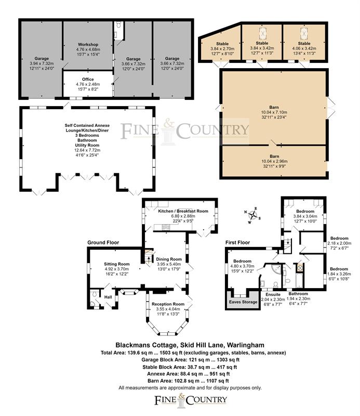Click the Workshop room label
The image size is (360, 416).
(x=88, y=45)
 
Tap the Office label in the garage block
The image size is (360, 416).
(x=88, y=80)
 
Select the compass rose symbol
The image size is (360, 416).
(x=252, y=215)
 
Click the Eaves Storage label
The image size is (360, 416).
(x=243, y=302)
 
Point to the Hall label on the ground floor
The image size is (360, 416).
(x=108, y=297)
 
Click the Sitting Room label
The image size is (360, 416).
(x=117, y=264)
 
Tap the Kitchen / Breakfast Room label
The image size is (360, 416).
(x=183, y=211)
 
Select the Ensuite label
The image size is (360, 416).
(x=273, y=294)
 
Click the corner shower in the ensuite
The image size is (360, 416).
(x=276, y=269)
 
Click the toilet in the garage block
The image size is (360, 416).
(x=118, y=25)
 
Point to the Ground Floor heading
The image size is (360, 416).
(x=103, y=242)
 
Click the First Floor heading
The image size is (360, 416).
(x=237, y=242)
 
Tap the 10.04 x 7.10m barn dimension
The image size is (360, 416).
(x=274, y=112)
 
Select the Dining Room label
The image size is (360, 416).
(x=169, y=259)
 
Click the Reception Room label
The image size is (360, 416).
(x=168, y=304)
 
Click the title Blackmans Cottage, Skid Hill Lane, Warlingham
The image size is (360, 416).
(x=190, y=345)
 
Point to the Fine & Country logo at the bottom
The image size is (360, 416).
(x=191, y=399)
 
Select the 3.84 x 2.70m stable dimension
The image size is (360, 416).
(x=222, y=49)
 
